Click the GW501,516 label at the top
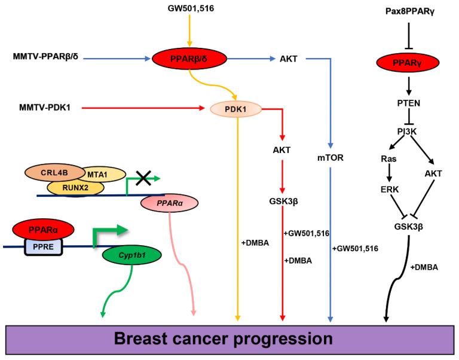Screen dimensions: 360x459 pyautogui.click(x=189, y=10)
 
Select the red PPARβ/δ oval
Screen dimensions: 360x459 pyautogui.click(x=189, y=59)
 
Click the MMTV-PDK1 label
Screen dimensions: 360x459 pyautogui.click(x=43, y=108)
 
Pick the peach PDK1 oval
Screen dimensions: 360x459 pyautogui.click(x=237, y=109)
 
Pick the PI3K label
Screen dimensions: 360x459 pyautogui.click(x=409, y=130)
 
